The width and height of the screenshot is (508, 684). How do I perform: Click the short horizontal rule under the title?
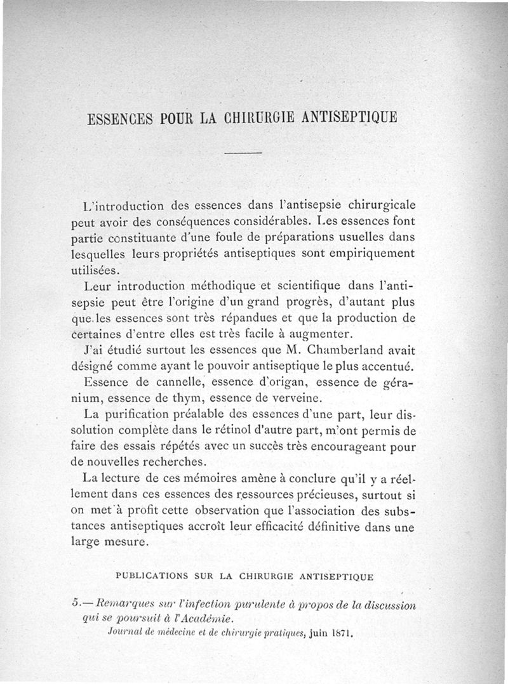pos(243,153)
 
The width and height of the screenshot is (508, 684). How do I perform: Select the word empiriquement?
pos(370,253)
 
